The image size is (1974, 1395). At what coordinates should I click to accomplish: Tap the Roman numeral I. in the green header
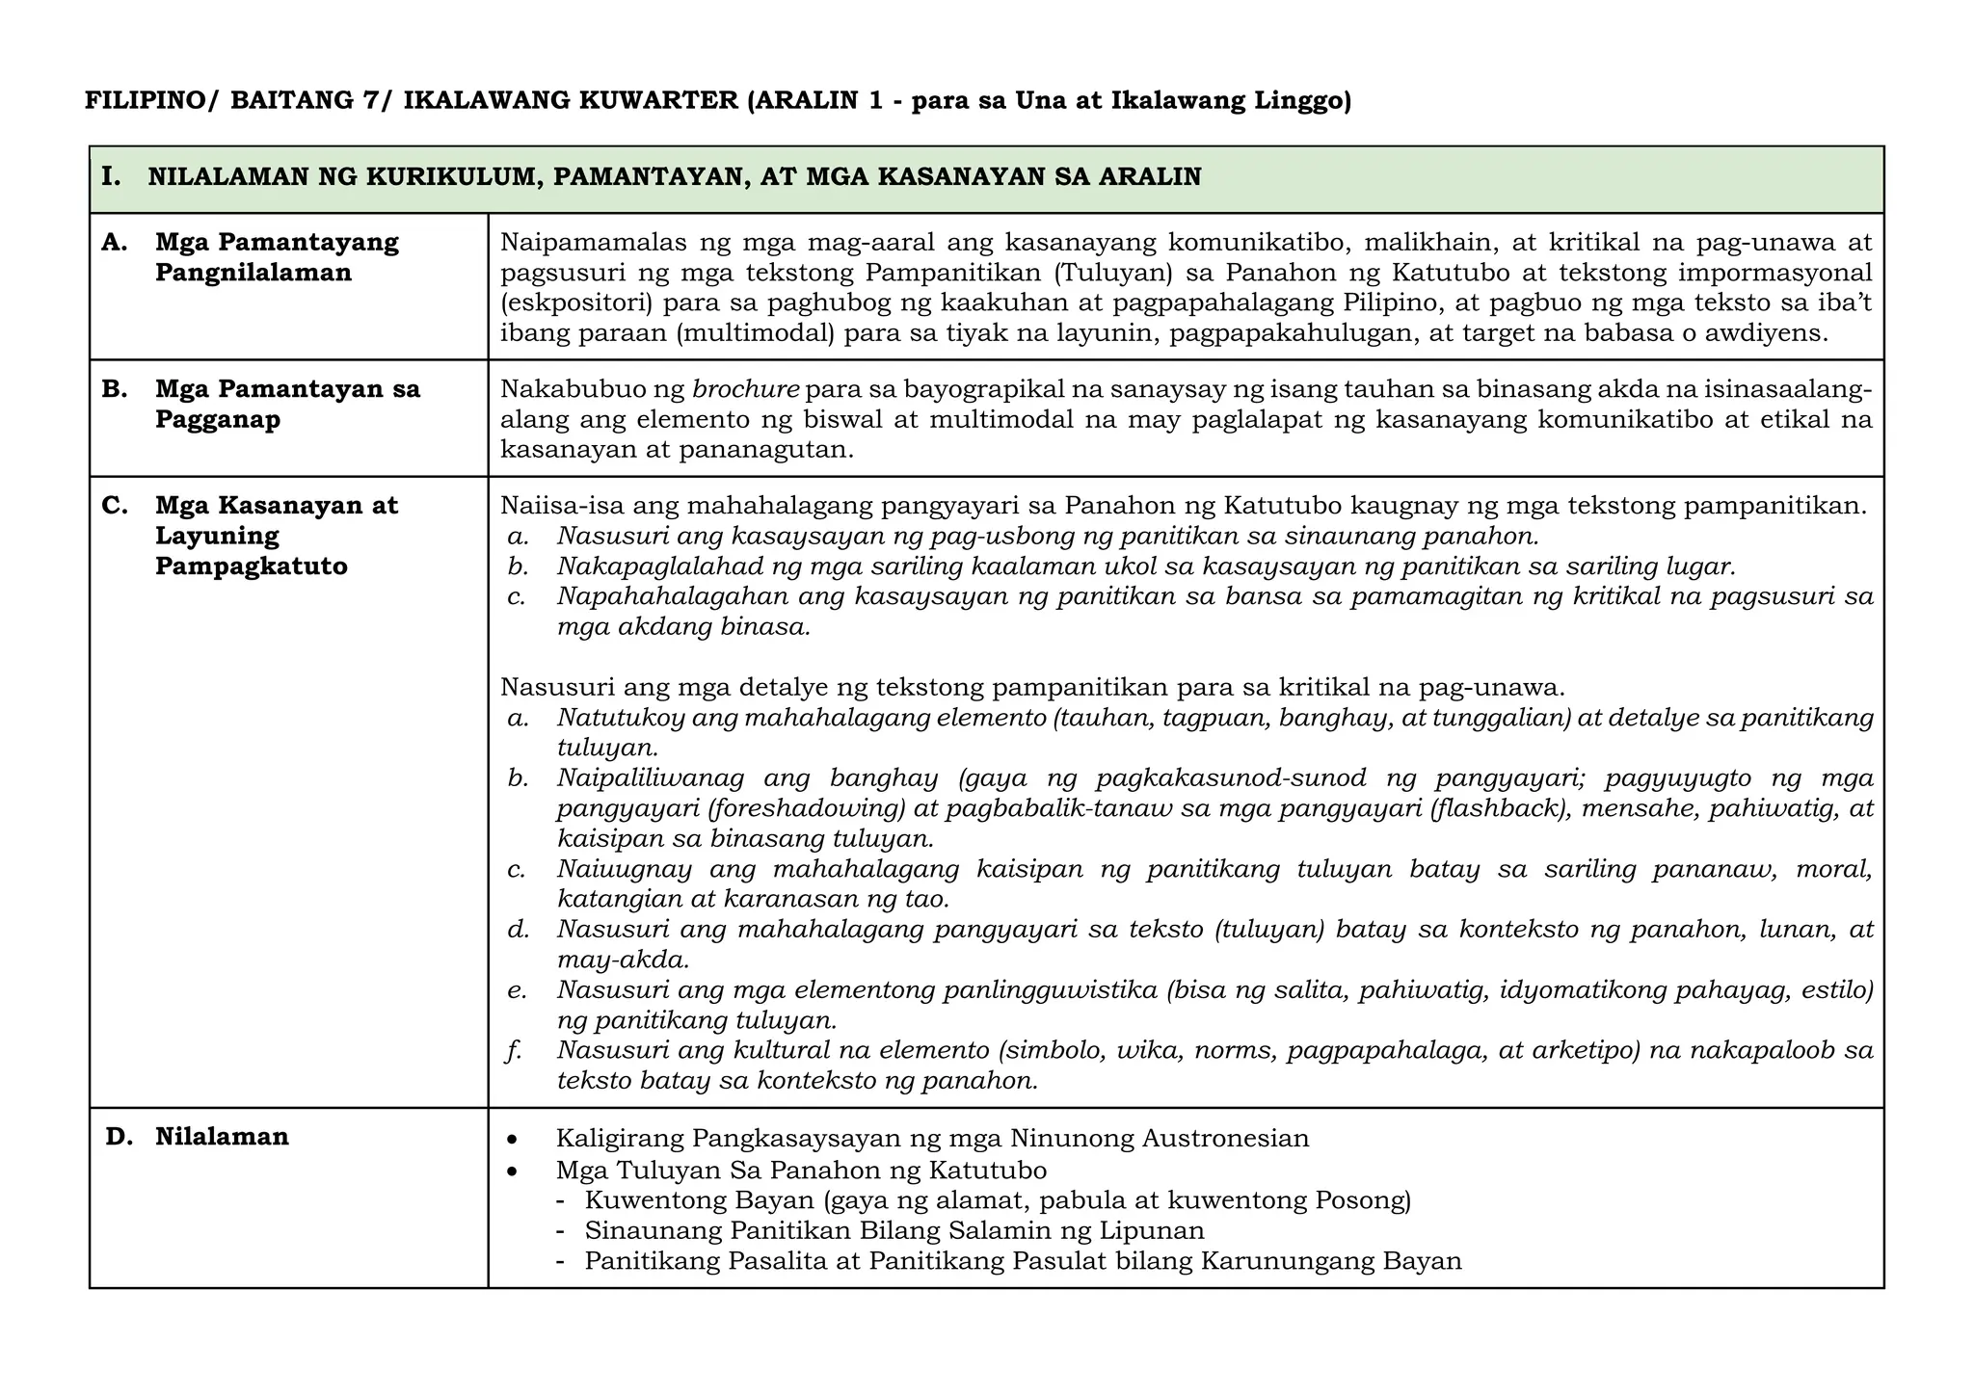[x=111, y=177]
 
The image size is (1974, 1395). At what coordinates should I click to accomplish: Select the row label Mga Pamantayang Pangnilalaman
[x=276, y=257]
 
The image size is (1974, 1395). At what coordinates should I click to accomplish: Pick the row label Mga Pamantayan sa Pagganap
[x=286, y=405]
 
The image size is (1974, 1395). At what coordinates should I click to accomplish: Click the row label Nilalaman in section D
[x=222, y=1137]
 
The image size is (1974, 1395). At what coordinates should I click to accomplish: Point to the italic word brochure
[x=746, y=390]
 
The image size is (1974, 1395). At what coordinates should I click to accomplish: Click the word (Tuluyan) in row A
[x=1112, y=273]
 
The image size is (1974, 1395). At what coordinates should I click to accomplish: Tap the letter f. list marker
[x=514, y=1050]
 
